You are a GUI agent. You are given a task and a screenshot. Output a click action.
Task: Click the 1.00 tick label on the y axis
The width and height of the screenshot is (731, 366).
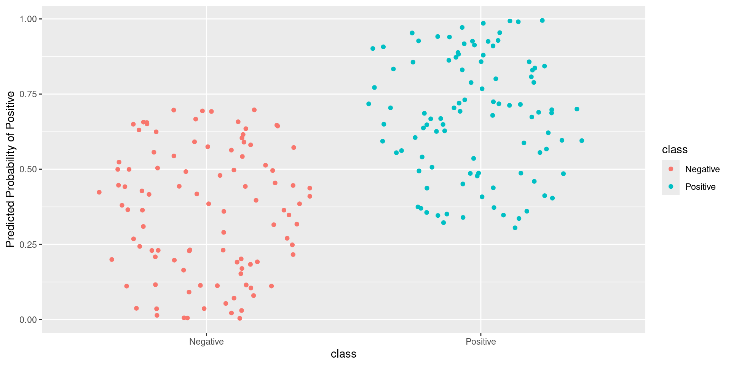click(x=28, y=19)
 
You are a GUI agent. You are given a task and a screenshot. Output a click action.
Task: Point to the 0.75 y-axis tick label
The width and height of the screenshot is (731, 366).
click(x=28, y=94)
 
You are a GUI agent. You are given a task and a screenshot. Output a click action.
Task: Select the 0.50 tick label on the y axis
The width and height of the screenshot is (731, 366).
click(x=28, y=169)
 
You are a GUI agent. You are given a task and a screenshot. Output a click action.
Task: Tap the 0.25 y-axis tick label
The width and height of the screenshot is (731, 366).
click(x=28, y=244)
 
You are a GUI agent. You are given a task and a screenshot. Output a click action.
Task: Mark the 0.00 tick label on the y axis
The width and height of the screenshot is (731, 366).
click(x=28, y=319)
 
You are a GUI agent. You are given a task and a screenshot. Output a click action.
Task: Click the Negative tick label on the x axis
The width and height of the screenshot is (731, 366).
click(x=206, y=342)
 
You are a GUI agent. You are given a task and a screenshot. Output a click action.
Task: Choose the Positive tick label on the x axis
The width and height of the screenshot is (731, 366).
click(x=481, y=342)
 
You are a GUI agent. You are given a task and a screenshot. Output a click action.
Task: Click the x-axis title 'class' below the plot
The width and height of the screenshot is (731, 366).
click(x=343, y=354)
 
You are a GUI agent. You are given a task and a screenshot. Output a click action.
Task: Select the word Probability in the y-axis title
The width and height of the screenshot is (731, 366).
click(x=11, y=168)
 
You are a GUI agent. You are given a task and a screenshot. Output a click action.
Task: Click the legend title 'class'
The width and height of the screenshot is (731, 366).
click(x=675, y=149)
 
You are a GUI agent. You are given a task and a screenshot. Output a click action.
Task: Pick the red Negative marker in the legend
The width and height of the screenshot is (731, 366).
click(x=671, y=169)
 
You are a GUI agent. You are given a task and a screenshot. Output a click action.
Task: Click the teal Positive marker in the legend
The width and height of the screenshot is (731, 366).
click(x=671, y=186)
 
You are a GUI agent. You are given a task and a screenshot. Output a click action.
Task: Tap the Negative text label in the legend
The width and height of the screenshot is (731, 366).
click(x=702, y=169)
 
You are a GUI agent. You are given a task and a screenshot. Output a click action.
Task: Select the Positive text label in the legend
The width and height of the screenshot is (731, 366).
click(x=700, y=187)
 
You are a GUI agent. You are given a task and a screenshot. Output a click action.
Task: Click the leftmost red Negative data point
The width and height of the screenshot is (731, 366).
click(x=99, y=192)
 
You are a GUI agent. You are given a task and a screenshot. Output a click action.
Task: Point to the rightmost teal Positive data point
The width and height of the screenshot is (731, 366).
click(x=582, y=141)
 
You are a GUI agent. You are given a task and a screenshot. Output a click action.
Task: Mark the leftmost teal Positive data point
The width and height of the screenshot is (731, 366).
click(x=369, y=104)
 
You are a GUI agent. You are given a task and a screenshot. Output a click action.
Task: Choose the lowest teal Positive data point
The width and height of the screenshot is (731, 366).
click(x=515, y=228)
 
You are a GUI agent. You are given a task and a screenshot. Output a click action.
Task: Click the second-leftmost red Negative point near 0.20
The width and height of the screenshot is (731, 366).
click(x=112, y=260)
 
